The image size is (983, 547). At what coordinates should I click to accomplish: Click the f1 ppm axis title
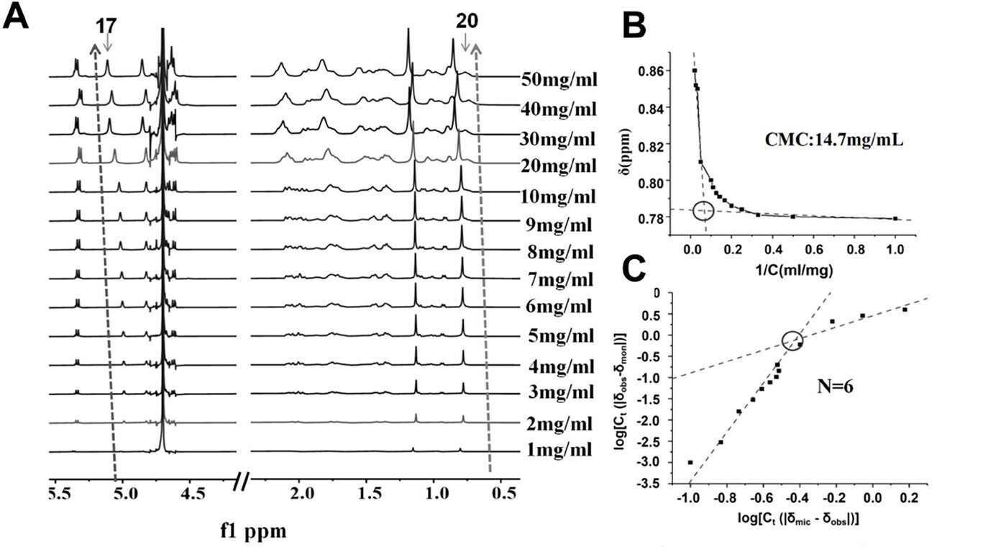pyautogui.click(x=252, y=532)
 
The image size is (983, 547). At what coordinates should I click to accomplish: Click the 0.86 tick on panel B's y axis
pyautogui.click(x=651, y=71)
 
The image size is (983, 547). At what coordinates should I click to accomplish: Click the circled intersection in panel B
pyautogui.click(x=703, y=211)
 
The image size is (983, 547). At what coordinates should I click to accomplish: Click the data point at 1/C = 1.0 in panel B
pyautogui.click(x=895, y=218)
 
